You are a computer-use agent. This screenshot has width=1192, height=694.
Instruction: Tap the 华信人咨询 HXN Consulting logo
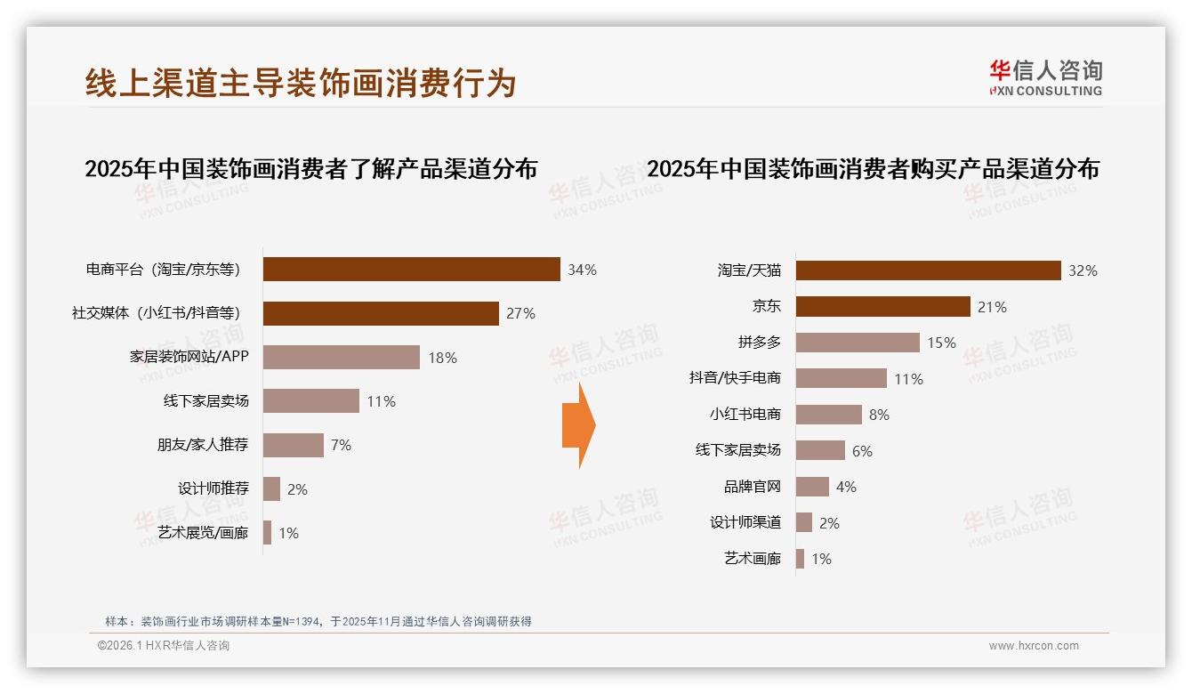[1045, 78]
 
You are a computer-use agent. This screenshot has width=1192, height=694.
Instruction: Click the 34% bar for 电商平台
[411, 270]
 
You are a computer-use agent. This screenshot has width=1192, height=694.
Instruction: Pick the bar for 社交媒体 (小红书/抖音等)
[381, 313]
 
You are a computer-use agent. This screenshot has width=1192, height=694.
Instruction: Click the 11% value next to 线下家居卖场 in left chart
[381, 401]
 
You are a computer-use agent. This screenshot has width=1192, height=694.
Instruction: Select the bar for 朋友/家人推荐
[294, 445]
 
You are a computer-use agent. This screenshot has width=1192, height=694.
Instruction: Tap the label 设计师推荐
[213, 488]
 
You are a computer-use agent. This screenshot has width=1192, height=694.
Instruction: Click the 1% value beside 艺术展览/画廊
[288, 533]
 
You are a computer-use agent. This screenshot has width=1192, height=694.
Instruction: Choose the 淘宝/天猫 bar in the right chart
[928, 270]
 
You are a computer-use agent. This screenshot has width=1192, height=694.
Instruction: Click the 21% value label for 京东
[992, 307]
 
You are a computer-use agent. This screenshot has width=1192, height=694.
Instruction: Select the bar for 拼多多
[858, 343]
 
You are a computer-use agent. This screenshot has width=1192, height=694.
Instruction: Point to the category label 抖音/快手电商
[735, 378]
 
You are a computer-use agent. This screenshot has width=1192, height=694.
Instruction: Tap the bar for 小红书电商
[828, 415]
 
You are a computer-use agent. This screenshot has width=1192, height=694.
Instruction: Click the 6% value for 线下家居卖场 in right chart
[862, 451]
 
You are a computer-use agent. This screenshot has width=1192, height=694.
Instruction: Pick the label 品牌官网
[753, 487]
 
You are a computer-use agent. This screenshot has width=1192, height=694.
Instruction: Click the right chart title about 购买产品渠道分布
[873, 169]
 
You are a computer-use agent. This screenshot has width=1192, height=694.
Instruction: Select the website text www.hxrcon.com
[1034, 646]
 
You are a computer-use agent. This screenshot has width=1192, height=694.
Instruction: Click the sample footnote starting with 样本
[318, 621]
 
